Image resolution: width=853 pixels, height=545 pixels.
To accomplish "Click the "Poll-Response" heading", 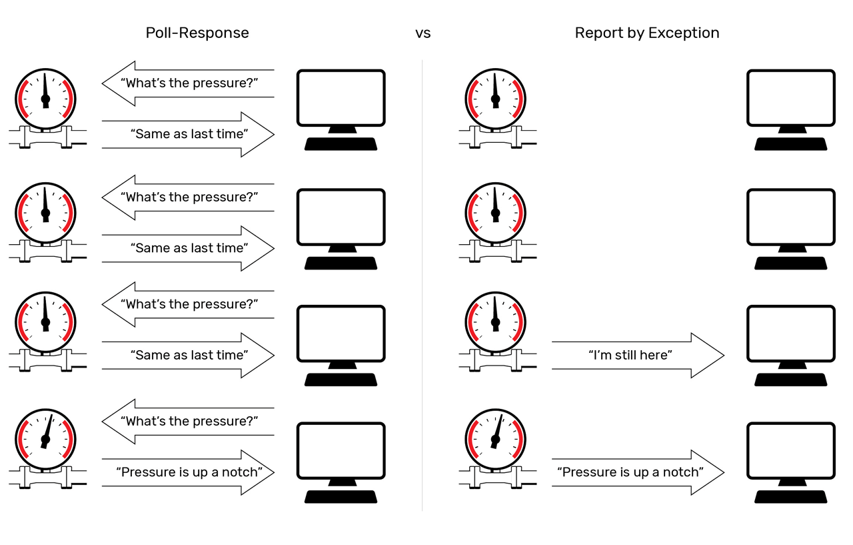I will click(197, 33).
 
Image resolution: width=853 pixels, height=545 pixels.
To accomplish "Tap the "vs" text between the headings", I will click(423, 33).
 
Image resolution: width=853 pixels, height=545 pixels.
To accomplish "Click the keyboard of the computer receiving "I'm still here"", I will click(790, 380).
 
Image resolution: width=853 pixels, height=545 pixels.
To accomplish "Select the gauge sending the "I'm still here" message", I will click(495, 322).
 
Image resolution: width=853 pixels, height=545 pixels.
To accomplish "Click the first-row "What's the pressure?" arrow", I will click(188, 83).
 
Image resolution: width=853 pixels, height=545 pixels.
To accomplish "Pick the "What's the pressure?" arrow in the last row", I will click(188, 422).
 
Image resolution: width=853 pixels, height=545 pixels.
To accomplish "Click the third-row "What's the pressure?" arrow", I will click(188, 304).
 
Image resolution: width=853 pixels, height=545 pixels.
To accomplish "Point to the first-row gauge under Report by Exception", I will click(495, 99).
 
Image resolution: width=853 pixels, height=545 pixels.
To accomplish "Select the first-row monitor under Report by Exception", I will click(790, 97).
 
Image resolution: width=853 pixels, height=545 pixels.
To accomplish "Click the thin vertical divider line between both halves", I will click(422, 287).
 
